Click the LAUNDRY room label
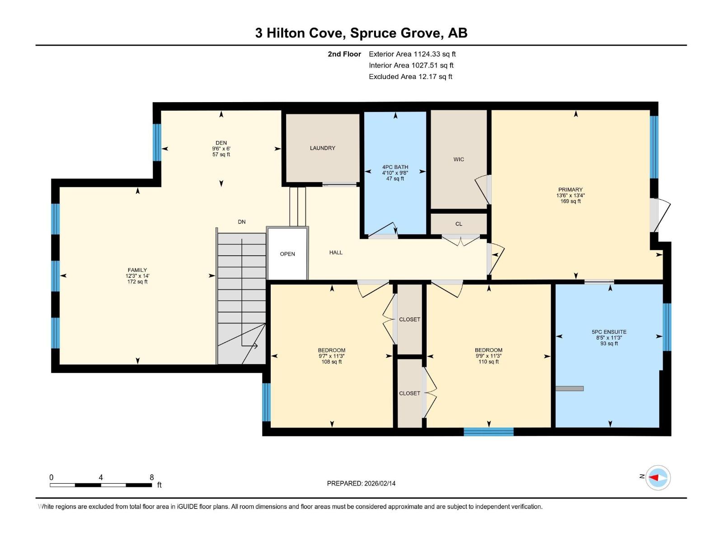[322, 148]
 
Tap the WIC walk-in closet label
[459, 159]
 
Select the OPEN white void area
[287, 254]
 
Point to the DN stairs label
[242, 222]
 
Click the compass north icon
[657, 477]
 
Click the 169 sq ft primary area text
[570, 201]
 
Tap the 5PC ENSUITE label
[609, 332]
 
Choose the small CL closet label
[459, 224]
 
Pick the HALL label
[336, 252]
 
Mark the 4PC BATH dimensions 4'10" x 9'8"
[395, 173]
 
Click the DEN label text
[221, 143]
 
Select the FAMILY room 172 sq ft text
[137, 282]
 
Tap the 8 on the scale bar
[152, 477]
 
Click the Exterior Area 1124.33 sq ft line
[412, 54]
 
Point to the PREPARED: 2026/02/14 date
[361, 483]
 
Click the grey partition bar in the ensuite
[569, 388]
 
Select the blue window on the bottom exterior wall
[488, 432]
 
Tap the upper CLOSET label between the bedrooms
[409, 319]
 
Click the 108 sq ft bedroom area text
[331, 362]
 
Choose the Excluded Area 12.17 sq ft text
[410, 77]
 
